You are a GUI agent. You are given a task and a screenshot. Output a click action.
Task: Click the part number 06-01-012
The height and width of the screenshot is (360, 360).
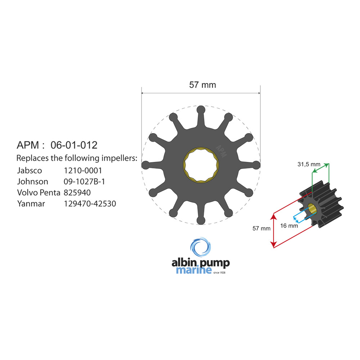pos(74,145)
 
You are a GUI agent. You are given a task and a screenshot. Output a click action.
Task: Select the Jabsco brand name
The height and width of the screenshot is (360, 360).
pos(30,170)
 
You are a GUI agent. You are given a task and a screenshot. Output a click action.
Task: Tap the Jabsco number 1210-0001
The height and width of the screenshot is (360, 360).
pos(83,170)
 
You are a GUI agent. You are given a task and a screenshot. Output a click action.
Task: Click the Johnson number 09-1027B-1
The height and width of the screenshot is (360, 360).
pos(84,181)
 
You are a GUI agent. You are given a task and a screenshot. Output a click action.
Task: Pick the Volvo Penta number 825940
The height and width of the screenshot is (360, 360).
pos(77,193)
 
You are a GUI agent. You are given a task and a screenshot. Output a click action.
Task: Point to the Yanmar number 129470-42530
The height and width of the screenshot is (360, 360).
pos(90,204)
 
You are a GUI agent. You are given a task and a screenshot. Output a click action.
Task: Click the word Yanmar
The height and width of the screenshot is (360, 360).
pos(31,204)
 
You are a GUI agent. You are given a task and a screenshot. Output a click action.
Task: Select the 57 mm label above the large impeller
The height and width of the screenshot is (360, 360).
pos(202,85)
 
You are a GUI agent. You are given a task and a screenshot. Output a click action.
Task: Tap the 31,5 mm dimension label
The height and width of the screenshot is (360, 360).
pos(309,165)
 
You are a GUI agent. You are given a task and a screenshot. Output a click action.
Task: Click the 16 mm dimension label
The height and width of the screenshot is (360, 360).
pos(289,226)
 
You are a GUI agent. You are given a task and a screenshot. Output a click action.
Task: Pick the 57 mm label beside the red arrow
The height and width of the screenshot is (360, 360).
pos(261,228)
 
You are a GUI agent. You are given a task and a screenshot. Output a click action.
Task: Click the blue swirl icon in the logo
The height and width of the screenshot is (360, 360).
pos(201,248)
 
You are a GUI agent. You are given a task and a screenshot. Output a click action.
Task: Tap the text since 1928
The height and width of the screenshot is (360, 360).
pos(219,272)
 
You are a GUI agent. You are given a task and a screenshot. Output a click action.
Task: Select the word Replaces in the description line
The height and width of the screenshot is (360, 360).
pos(32,158)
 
